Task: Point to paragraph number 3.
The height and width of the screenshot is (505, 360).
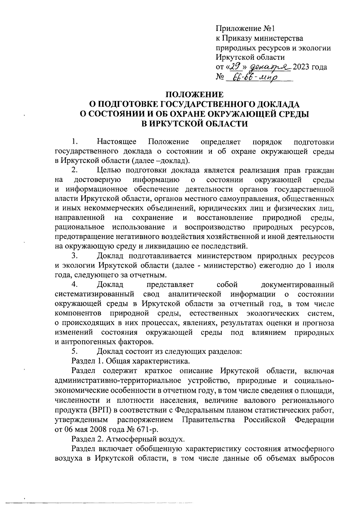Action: point(75,256)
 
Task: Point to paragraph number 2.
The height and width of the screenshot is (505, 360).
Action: point(75,170)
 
